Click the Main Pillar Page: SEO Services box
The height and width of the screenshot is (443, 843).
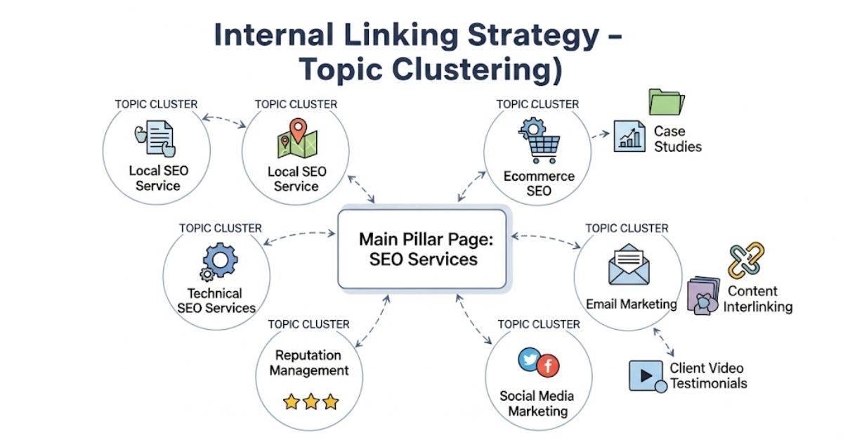[422, 249]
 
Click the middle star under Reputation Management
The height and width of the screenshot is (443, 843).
[311, 402]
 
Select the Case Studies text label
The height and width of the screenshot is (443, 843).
[677, 139]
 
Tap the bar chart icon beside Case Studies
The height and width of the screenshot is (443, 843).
[629, 136]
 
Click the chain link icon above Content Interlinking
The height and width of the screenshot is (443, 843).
[745, 261]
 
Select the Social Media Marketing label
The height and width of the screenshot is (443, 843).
[537, 404]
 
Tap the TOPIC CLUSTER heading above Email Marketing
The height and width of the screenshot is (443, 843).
[627, 228]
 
